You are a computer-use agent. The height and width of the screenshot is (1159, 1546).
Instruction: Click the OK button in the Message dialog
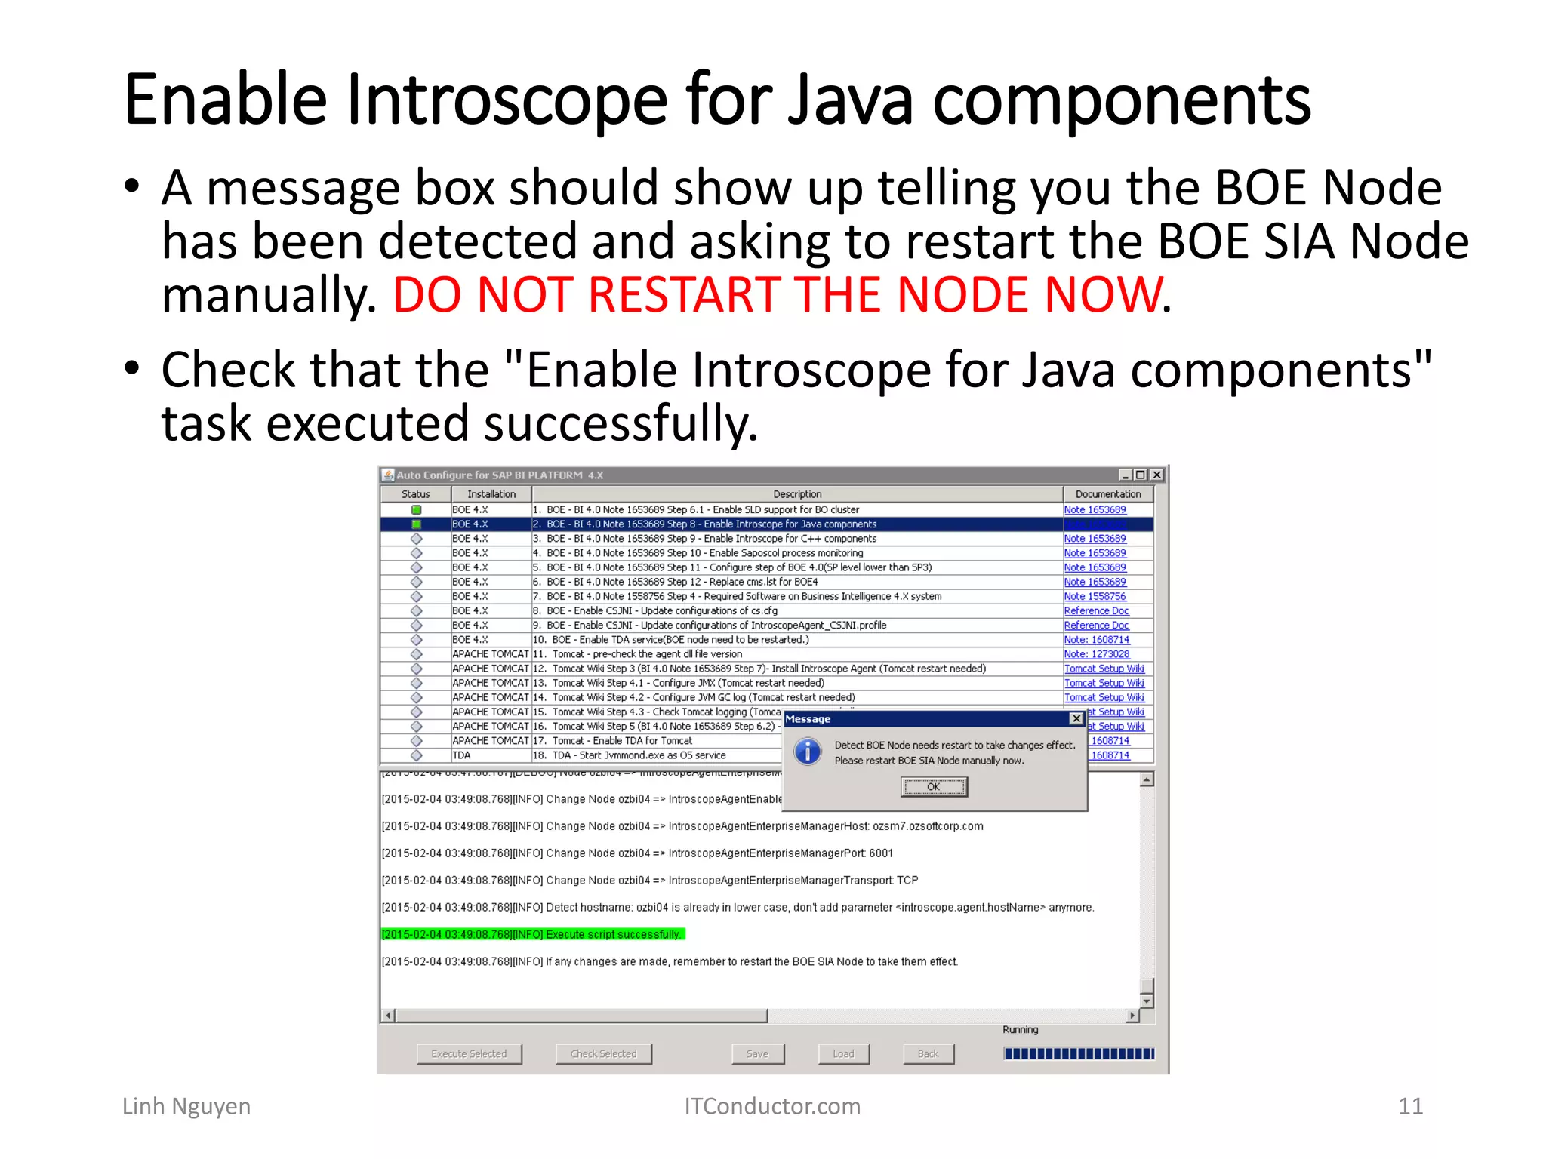934,787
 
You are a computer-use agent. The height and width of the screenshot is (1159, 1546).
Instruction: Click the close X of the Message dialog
1076,719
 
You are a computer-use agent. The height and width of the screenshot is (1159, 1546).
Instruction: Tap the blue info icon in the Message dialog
808,752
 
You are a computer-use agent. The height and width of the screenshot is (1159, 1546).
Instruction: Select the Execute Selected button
469,1054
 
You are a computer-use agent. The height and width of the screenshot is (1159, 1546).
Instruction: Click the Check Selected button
603,1054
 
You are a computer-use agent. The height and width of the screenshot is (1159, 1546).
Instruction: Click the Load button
843,1054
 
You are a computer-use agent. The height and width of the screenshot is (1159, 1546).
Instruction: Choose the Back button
928,1054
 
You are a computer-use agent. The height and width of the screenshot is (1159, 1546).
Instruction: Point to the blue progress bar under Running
1078,1054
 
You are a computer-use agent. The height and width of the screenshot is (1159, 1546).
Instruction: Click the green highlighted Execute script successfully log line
533,934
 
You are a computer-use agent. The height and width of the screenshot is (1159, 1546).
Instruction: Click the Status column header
416,494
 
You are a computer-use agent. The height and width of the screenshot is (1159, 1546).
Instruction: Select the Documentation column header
1107,494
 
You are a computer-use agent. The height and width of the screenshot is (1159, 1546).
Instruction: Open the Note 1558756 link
1095,596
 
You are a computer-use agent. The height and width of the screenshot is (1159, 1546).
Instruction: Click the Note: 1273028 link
1096,654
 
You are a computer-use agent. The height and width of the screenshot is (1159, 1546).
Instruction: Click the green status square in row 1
416,510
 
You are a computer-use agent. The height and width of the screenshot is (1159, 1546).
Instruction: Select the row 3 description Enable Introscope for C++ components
711,539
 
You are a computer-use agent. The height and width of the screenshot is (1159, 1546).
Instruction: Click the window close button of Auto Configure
1156,475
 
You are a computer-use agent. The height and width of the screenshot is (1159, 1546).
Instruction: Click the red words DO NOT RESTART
589,294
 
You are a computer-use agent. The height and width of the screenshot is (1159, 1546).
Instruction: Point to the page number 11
1410,1106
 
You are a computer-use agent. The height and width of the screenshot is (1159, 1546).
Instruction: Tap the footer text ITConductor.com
772,1106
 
